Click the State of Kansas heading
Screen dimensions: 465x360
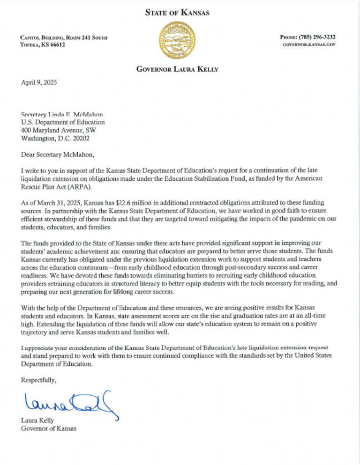(x=180, y=13)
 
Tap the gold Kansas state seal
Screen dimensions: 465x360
(x=180, y=42)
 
